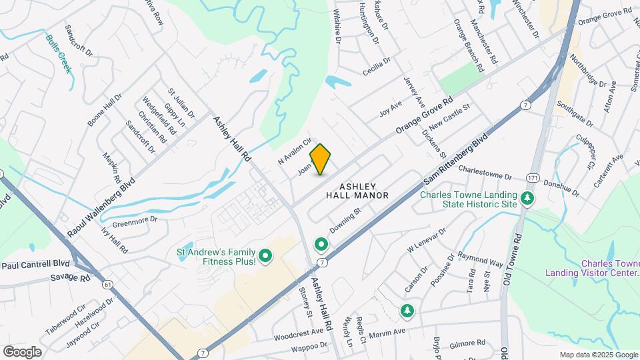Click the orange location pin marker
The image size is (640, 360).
321,159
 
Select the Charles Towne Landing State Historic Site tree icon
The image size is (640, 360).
527,198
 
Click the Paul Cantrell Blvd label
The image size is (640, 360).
35,265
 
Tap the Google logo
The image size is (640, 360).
22,351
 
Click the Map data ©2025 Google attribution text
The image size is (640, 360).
598,355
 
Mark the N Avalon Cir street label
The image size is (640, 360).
295,151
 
